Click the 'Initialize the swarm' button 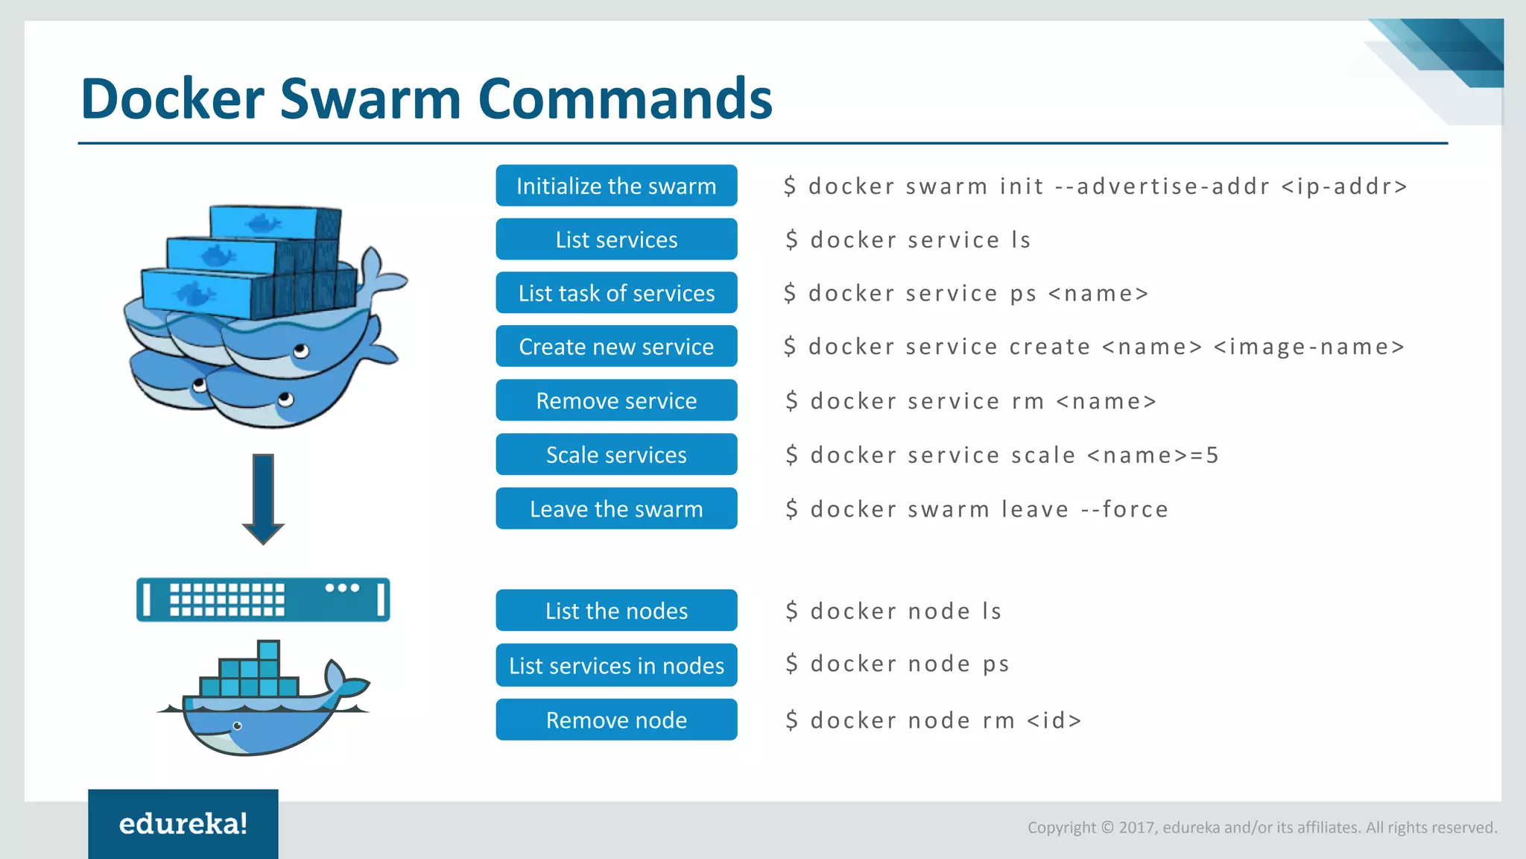point(616,186)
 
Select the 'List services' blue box point(616,239)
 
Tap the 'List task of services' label point(616,293)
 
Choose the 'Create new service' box point(616,347)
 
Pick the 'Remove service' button point(616,401)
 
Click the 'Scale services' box point(616,455)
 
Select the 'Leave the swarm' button point(616,509)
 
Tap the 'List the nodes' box point(616,611)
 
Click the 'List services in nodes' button point(616,665)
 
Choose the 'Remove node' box point(616,720)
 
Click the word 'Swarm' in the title point(370,98)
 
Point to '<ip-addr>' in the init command point(1344,186)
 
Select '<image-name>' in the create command point(1309,347)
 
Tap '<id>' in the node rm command point(1054,720)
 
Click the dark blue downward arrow point(263,498)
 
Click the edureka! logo point(183,824)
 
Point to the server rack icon point(263,600)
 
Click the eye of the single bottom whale point(238,726)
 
